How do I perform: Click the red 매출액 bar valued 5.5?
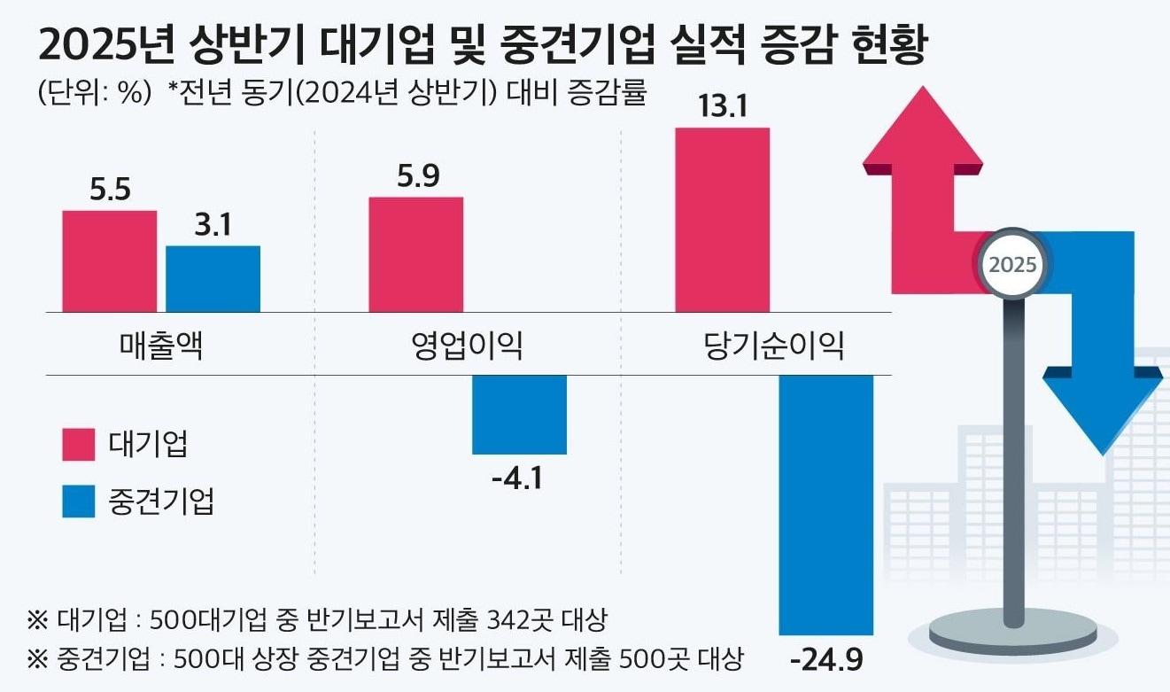109,261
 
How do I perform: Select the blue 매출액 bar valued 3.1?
213,279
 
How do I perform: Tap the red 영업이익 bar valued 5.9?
415,254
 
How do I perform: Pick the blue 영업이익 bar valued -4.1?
519,415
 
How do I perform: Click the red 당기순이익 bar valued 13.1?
722,220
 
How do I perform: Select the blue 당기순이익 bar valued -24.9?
825,505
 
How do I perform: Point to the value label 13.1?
722,107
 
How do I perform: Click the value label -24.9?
825,661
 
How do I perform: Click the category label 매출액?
160,346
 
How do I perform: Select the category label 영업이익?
467,346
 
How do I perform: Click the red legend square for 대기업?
78,445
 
